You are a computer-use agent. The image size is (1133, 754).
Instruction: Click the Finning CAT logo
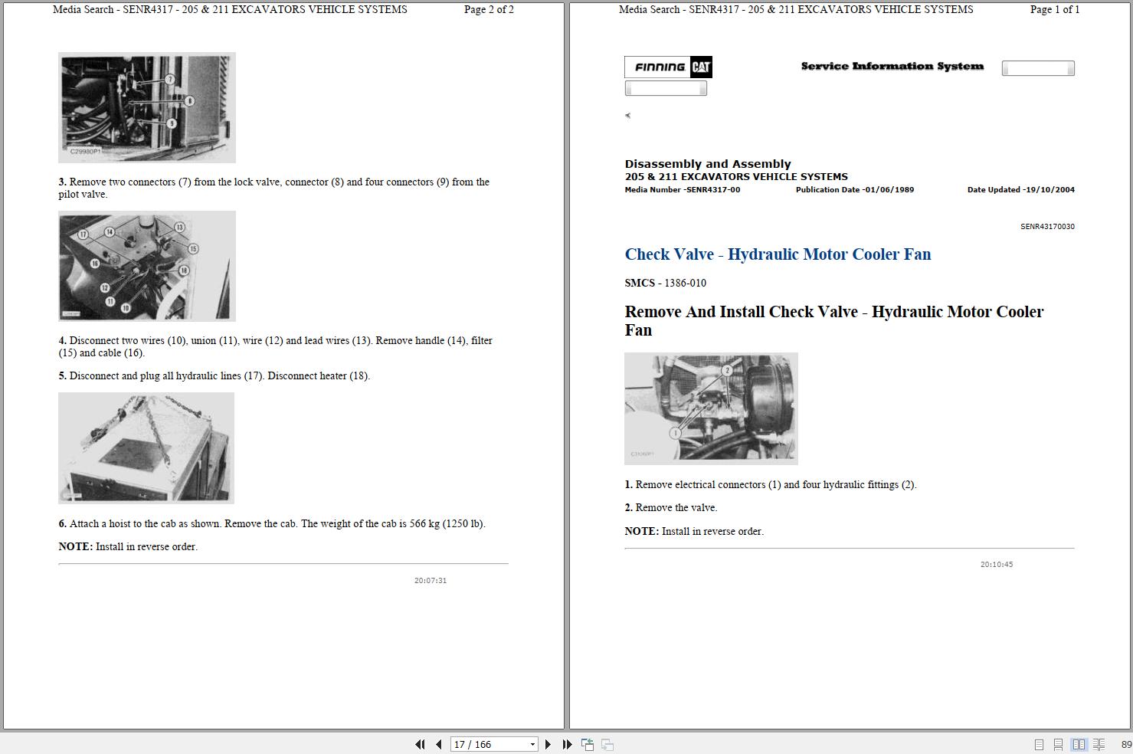(669, 67)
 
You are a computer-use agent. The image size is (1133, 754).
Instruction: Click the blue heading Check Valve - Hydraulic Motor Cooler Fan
(778, 254)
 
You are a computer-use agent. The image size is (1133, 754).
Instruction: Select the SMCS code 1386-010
(685, 283)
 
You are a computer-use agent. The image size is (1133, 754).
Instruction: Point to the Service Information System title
(892, 67)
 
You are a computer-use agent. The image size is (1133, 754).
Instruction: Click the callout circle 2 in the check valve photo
(727, 370)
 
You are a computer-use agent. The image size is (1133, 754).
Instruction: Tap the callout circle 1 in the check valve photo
(675, 433)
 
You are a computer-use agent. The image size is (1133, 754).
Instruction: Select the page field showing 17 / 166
(493, 744)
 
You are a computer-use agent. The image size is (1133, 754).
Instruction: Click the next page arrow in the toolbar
(548, 744)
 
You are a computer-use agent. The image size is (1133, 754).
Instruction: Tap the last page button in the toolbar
(567, 744)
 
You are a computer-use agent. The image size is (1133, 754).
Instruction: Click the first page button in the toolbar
(420, 744)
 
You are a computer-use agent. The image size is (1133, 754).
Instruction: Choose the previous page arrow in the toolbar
(439, 744)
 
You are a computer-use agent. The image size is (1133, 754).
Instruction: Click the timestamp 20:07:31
(430, 581)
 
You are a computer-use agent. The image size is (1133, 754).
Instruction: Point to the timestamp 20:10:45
(996, 565)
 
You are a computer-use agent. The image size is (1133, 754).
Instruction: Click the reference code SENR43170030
(1046, 227)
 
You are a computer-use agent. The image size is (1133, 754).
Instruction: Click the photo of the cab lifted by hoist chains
(146, 447)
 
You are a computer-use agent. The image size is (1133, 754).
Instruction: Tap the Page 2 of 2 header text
(489, 10)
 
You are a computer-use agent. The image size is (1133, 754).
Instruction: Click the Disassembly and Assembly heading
(707, 164)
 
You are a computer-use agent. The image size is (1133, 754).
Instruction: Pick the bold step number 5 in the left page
(63, 376)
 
